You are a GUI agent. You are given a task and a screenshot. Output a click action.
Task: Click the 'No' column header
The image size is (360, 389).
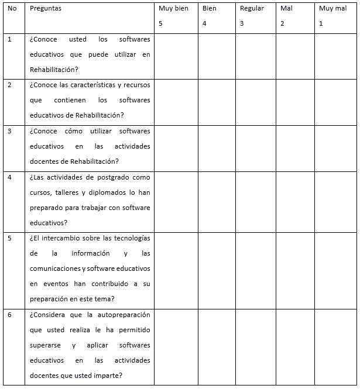tap(12, 9)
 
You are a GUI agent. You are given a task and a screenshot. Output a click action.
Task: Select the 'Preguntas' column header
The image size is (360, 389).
tap(45, 9)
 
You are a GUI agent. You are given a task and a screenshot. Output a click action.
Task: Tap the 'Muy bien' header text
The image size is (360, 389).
tap(173, 9)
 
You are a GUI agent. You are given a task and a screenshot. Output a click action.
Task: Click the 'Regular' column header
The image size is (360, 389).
tap(252, 9)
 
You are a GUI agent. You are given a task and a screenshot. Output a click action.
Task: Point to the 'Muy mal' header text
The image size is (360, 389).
tap(332, 9)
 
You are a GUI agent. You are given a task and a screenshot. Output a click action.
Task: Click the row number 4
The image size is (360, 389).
tap(10, 177)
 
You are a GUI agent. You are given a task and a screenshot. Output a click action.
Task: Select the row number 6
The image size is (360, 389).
tap(10, 315)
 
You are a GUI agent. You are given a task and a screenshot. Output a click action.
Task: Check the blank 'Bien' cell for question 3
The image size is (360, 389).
tap(217, 148)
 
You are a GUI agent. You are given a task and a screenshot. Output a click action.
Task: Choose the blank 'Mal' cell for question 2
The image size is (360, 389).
tap(295, 102)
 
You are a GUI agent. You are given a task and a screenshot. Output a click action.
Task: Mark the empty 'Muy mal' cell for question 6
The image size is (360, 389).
tap(336, 347)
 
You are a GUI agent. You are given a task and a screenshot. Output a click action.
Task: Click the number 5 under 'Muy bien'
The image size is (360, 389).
tap(160, 24)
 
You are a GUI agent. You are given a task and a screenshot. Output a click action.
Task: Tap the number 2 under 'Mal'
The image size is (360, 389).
tap(282, 24)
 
